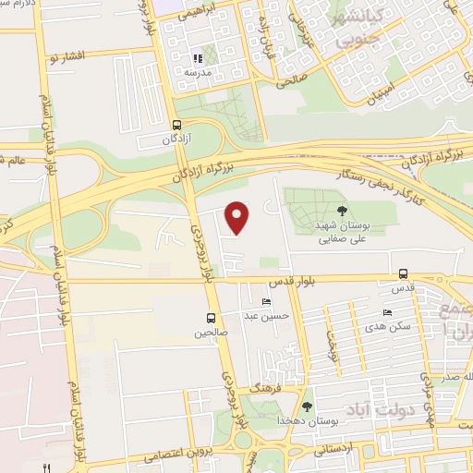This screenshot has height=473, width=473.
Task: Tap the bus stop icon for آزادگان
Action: [x=176, y=125]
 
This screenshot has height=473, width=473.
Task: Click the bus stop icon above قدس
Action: [x=403, y=273]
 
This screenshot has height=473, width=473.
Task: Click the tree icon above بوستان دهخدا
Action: [x=307, y=406]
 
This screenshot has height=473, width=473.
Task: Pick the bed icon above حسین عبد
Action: [x=267, y=302]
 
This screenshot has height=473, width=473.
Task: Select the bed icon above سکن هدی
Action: [x=388, y=314]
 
